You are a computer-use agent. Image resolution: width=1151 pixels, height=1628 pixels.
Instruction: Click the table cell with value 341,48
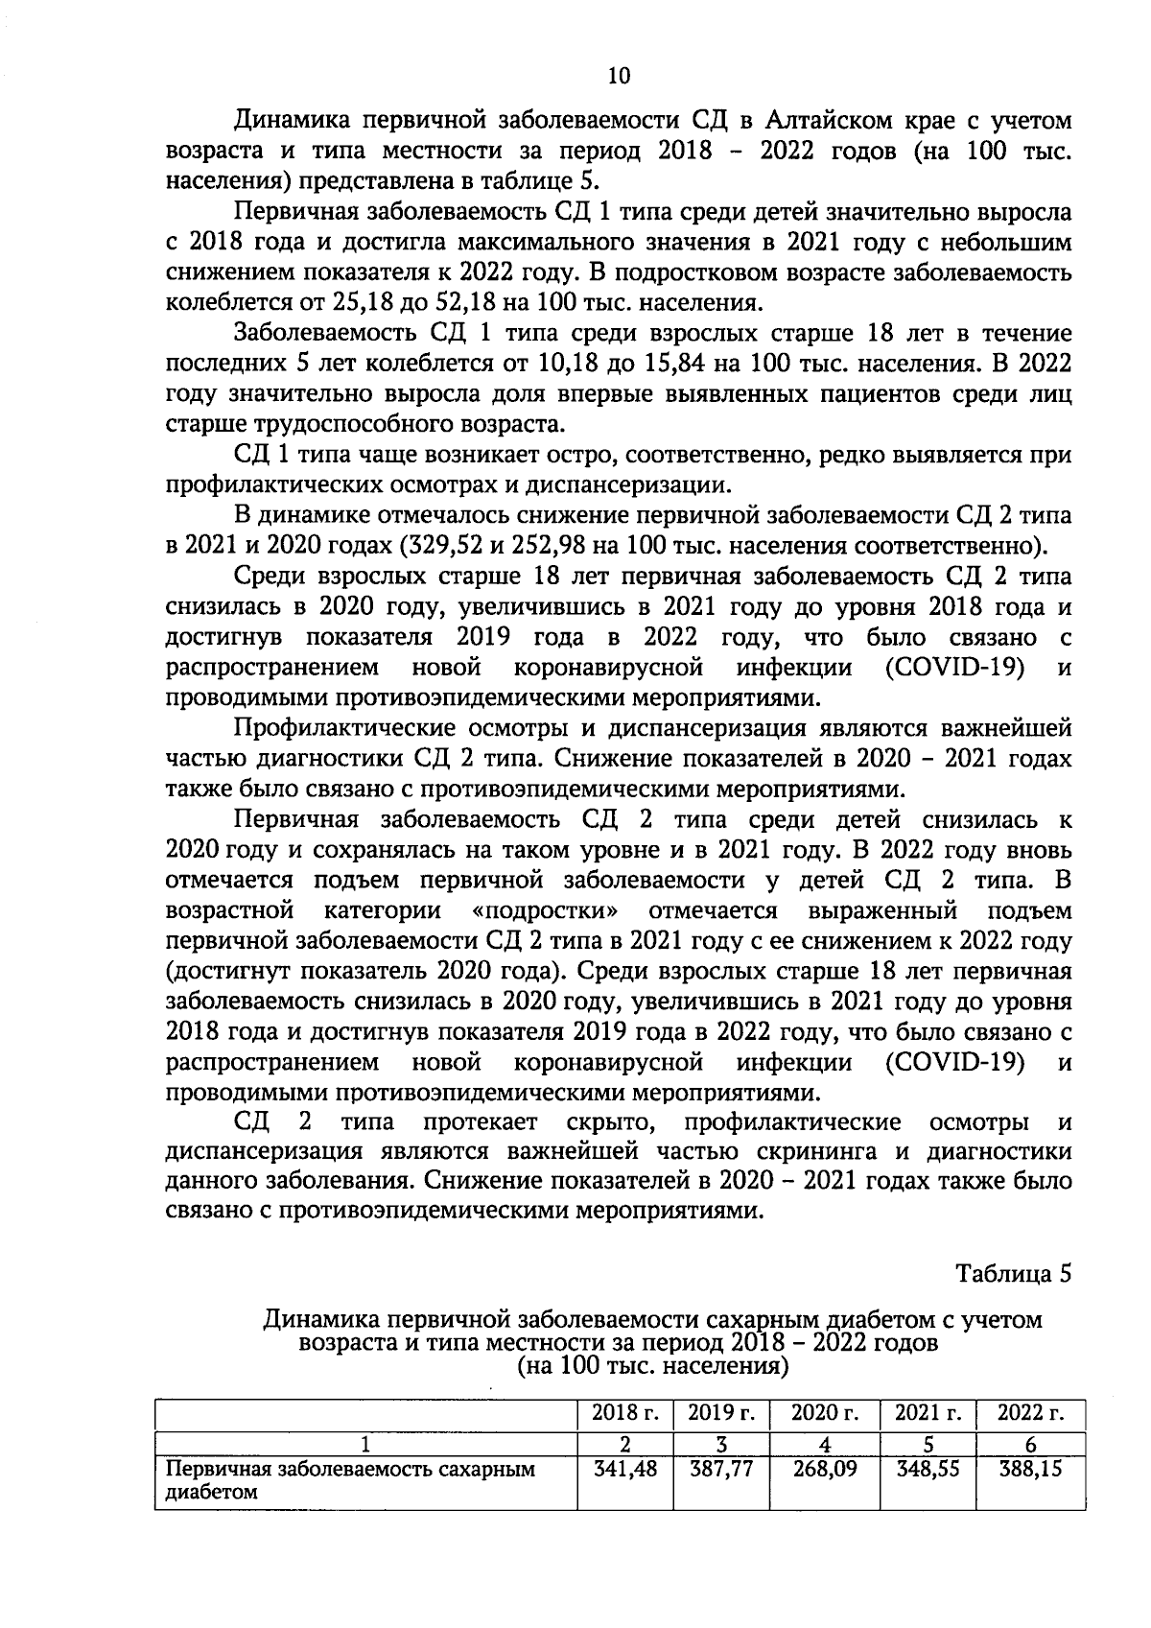[x=625, y=1469]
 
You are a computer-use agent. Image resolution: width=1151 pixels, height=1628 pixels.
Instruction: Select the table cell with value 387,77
[x=721, y=1469]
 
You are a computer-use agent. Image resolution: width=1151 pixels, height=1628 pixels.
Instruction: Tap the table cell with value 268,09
[x=825, y=1469]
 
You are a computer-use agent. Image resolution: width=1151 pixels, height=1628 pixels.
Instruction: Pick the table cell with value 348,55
[x=928, y=1469]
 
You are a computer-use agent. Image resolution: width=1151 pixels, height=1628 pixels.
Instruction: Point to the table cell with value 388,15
[x=1030, y=1469]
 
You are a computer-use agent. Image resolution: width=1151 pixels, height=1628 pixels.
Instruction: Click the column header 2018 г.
[x=625, y=1413]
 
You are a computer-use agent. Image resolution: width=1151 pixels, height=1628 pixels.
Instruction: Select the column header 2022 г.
[x=1030, y=1413]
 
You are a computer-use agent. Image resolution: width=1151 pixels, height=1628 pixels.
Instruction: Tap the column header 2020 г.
[x=825, y=1413]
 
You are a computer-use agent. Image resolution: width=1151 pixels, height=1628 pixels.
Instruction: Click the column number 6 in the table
[x=1030, y=1444]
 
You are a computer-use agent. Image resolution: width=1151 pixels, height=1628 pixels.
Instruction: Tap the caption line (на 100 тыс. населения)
[x=652, y=1364]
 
